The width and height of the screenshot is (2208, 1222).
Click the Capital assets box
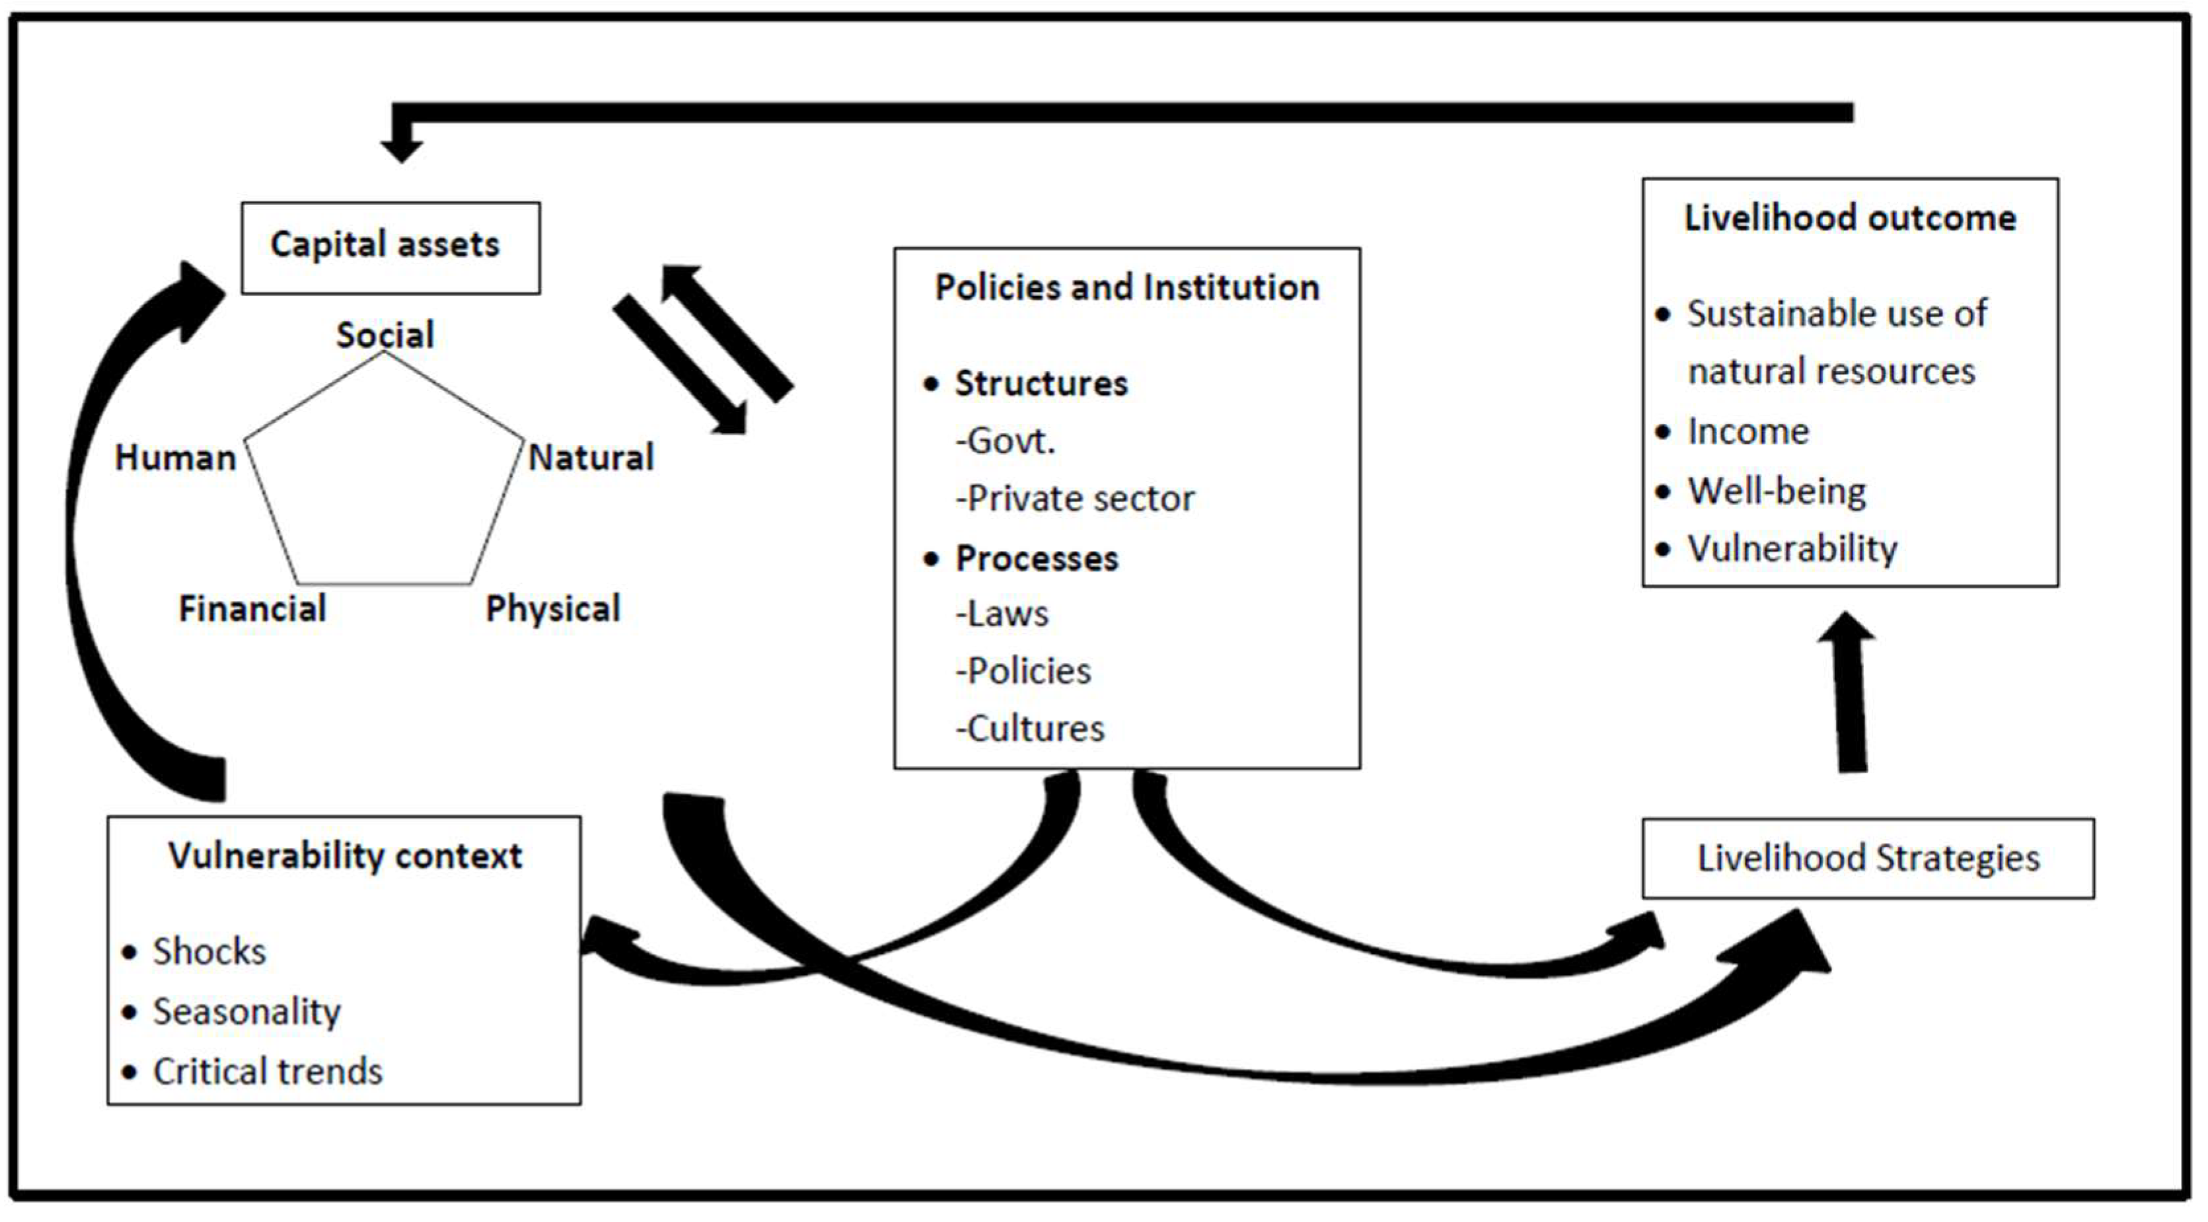point(390,248)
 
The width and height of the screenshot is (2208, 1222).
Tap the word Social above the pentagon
point(385,334)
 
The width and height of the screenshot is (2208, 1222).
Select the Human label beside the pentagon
point(175,458)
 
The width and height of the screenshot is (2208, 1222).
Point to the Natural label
point(591,458)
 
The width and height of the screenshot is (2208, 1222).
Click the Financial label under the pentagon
point(252,609)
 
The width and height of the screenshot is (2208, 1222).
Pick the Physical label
point(553,609)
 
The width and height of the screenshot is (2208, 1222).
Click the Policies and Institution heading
point(1126,287)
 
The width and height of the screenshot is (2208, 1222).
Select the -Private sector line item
point(1075,499)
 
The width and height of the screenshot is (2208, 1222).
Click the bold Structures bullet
point(1041,383)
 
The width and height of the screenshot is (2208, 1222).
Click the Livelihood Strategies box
point(1867,858)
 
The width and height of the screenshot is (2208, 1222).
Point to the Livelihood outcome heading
point(1850,218)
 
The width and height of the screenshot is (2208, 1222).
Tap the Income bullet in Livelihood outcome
point(1747,431)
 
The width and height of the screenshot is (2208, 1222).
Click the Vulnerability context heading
point(345,856)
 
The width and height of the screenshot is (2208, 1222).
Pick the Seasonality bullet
point(246,1012)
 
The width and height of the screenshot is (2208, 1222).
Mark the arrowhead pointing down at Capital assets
point(401,148)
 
